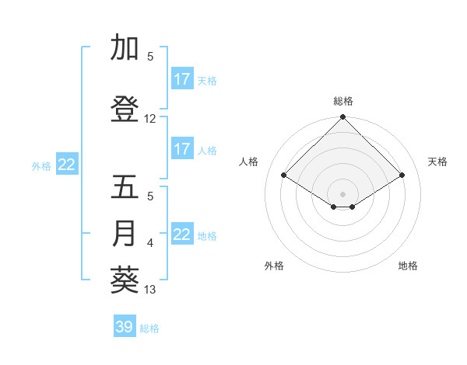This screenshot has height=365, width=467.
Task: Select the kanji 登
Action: point(125,109)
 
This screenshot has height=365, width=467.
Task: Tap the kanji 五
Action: point(125,187)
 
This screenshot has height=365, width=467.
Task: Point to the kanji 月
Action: point(125,234)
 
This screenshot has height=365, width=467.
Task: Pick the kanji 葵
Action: point(125,280)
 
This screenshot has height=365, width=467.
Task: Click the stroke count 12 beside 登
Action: point(150,119)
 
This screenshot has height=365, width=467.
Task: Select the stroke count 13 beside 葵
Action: point(150,290)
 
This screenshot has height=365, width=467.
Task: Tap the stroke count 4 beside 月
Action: point(150,243)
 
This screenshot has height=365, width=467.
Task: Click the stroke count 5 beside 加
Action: point(150,57)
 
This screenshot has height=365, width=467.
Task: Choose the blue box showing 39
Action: point(125,327)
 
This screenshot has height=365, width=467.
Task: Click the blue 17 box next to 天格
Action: point(181,79)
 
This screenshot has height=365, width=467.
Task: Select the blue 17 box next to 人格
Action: point(181,149)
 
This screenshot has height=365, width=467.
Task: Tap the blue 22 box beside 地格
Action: point(181,235)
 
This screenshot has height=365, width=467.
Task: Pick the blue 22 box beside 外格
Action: point(67,164)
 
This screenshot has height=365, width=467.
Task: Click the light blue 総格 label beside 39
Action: point(149,328)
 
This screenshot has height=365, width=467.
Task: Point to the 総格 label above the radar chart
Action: point(342,101)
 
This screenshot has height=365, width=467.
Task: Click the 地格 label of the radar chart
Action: point(408,266)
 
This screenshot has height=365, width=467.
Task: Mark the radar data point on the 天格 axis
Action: point(402,176)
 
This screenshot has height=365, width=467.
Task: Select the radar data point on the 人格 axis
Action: point(284,176)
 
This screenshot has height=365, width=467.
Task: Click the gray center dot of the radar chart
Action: point(342,193)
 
